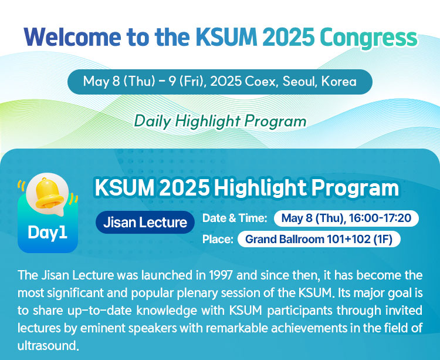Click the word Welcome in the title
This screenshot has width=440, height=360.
72,37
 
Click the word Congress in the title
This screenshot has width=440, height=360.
368,39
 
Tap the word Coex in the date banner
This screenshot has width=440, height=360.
262,82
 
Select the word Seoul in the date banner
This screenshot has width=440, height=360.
299,82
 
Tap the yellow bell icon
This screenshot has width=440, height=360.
49,194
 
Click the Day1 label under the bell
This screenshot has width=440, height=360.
48,232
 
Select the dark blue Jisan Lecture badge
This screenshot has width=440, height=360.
145,222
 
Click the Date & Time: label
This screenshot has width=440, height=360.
235,218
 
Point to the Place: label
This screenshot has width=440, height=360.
218,239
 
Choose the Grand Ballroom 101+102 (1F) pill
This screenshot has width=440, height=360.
319,239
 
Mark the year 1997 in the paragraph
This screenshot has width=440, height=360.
221,275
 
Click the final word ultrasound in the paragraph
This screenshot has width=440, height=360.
46,345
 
